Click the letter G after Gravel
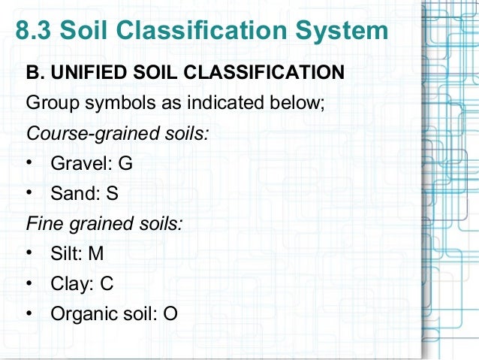tap(125, 162)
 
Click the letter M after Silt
tap(96, 253)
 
